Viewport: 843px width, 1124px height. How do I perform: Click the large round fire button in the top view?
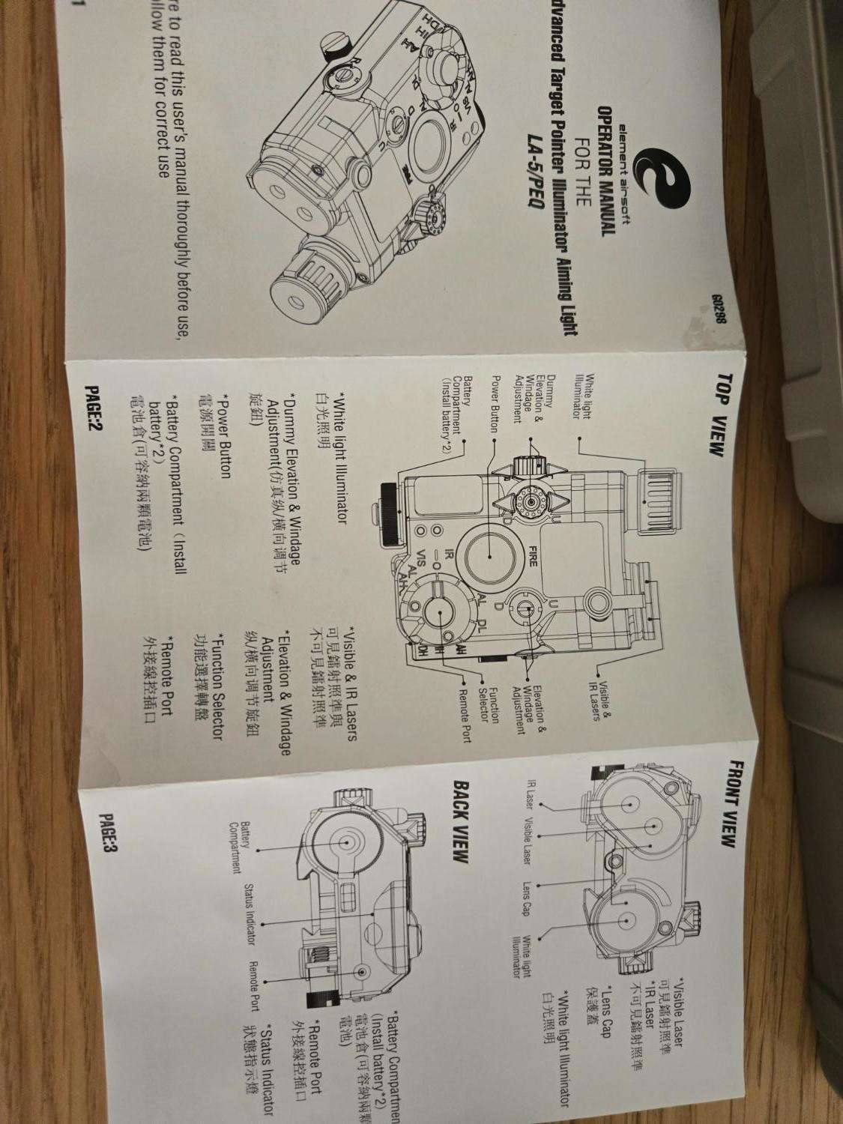click(488, 555)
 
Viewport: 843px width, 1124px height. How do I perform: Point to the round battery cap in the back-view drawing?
click(346, 842)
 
